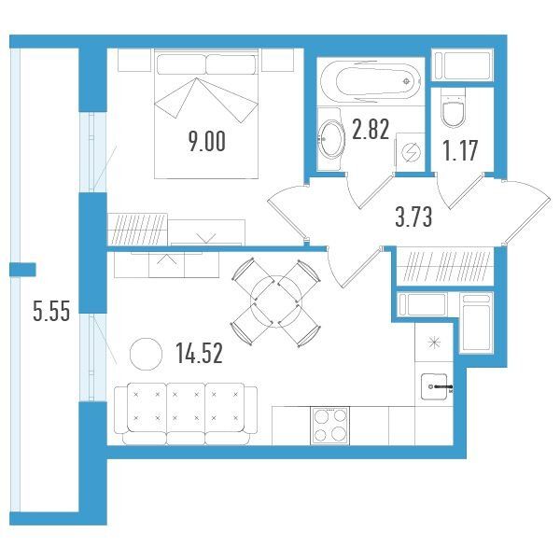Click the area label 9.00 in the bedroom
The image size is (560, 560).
(x=207, y=142)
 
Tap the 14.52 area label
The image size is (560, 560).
(x=200, y=353)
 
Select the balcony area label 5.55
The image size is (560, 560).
(x=51, y=311)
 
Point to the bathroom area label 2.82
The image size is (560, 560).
(x=371, y=129)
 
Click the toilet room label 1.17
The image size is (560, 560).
(x=460, y=150)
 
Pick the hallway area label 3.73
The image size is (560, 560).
(x=413, y=217)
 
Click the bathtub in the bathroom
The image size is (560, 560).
(x=371, y=82)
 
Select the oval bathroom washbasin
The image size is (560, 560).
(x=331, y=139)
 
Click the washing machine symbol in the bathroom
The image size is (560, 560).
(x=410, y=152)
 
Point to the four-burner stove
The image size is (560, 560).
(x=329, y=426)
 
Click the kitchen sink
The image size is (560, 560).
(x=434, y=386)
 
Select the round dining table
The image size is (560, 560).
(x=276, y=301)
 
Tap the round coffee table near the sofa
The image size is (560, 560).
(x=146, y=354)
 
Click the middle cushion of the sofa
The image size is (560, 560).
(x=186, y=408)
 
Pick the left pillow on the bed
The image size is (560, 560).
(x=181, y=64)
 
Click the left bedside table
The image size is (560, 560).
(x=134, y=60)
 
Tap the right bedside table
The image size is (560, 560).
(x=277, y=60)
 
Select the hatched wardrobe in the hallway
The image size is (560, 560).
(x=445, y=266)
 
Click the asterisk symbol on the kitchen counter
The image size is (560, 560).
(x=434, y=343)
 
